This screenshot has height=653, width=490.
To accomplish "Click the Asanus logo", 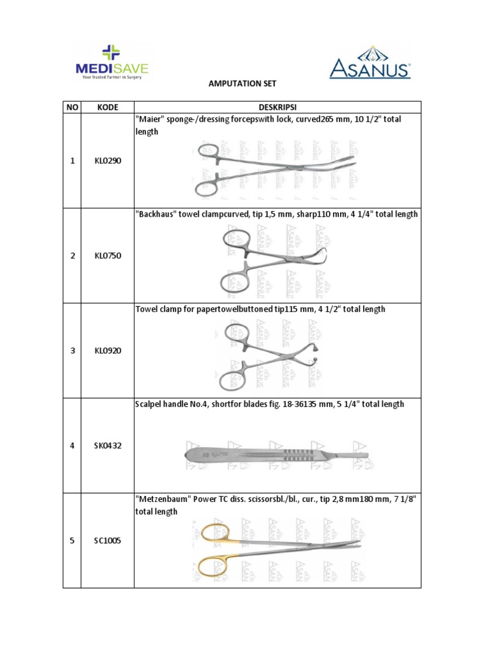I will (x=370, y=62).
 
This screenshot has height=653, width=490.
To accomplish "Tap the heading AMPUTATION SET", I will (x=245, y=84).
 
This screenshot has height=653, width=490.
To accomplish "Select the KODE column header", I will (x=107, y=108).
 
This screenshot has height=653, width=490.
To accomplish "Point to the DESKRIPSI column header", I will (x=278, y=108).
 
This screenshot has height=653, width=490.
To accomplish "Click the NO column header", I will (x=71, y=108).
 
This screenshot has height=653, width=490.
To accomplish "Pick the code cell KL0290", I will (x=107, y=161).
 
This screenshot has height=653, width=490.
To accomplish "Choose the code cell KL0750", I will (x=107, y=256).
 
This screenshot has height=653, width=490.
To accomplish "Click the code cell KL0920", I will (x=107, y=351).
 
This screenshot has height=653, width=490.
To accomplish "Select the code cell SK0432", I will (x=107, y=445).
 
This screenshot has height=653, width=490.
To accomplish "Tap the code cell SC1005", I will (x=107, y=541).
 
